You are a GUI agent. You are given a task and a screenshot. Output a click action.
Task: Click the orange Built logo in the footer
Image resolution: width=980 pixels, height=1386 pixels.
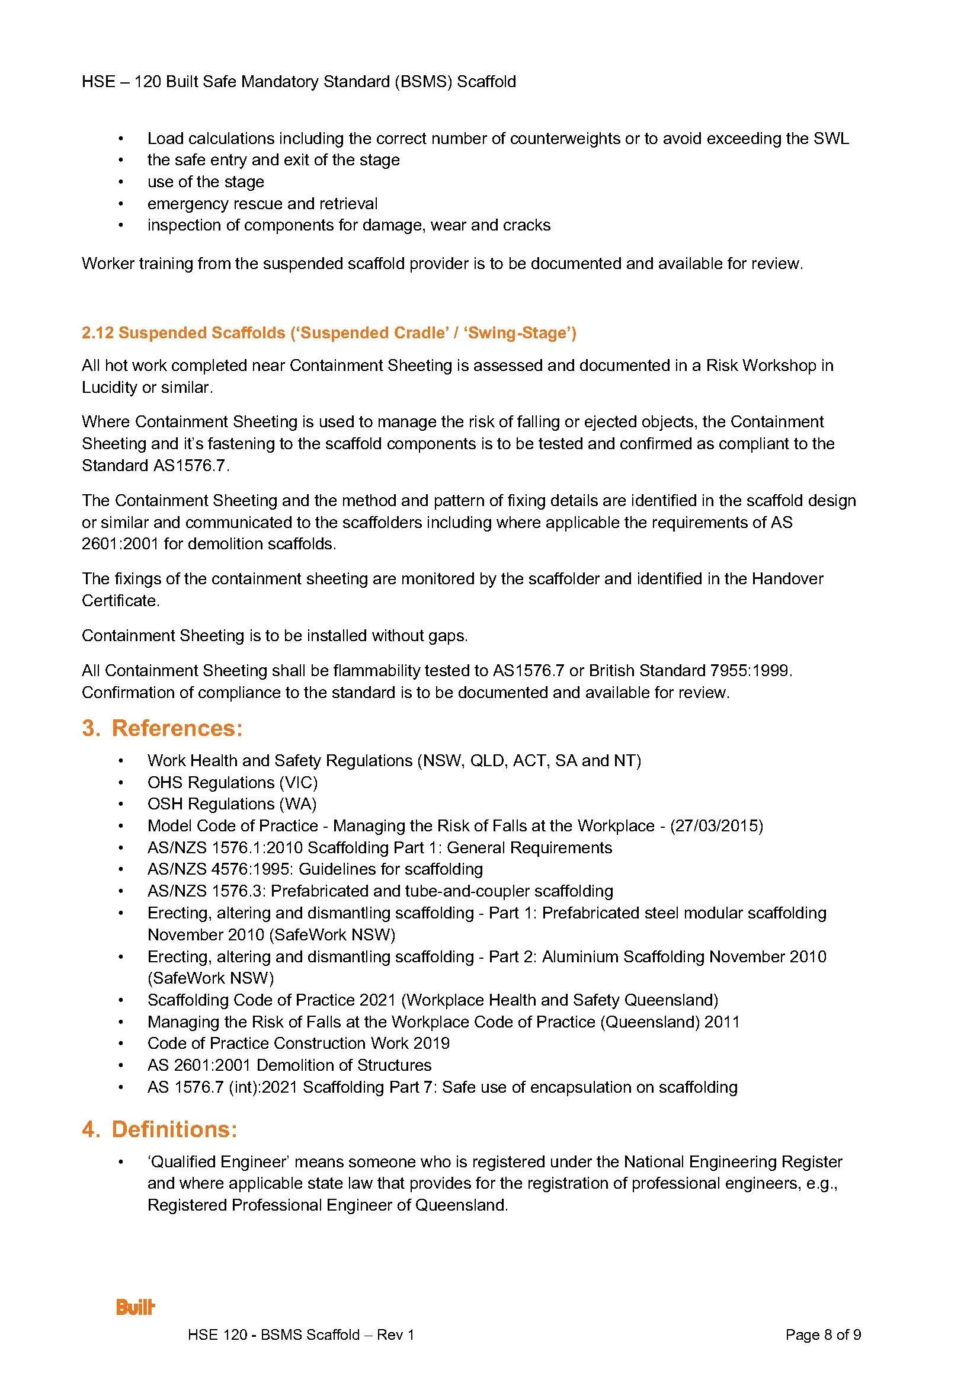(136, 1308)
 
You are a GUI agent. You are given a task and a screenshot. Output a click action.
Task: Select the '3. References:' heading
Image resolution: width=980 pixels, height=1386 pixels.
(162, 728)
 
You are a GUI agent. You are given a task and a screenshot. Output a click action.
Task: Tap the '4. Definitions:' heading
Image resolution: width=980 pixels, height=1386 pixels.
(159, 1128)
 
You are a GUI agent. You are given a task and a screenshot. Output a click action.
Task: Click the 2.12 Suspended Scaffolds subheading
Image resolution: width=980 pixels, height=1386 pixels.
(329, 333)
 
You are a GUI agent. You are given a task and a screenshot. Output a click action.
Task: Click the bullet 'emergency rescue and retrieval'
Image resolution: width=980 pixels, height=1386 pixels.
(262, 203)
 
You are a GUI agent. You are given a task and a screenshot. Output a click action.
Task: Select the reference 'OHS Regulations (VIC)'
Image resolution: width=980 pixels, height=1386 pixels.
(232, 782)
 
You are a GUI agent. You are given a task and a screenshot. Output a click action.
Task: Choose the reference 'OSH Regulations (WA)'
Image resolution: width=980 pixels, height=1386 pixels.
(232, 804)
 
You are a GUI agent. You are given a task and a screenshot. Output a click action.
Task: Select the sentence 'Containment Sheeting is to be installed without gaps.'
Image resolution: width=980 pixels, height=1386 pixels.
(274, 636)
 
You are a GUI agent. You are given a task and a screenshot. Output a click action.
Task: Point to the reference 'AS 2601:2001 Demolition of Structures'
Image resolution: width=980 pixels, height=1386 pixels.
(290, 1065)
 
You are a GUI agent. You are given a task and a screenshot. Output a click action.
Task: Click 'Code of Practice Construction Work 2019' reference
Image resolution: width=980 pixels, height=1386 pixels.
(298, 1043)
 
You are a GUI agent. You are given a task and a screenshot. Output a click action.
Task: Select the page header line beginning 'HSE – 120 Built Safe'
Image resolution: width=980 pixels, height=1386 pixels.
(299, 82)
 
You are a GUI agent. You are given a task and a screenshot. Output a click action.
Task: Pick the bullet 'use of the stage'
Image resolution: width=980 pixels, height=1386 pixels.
(206, 182)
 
